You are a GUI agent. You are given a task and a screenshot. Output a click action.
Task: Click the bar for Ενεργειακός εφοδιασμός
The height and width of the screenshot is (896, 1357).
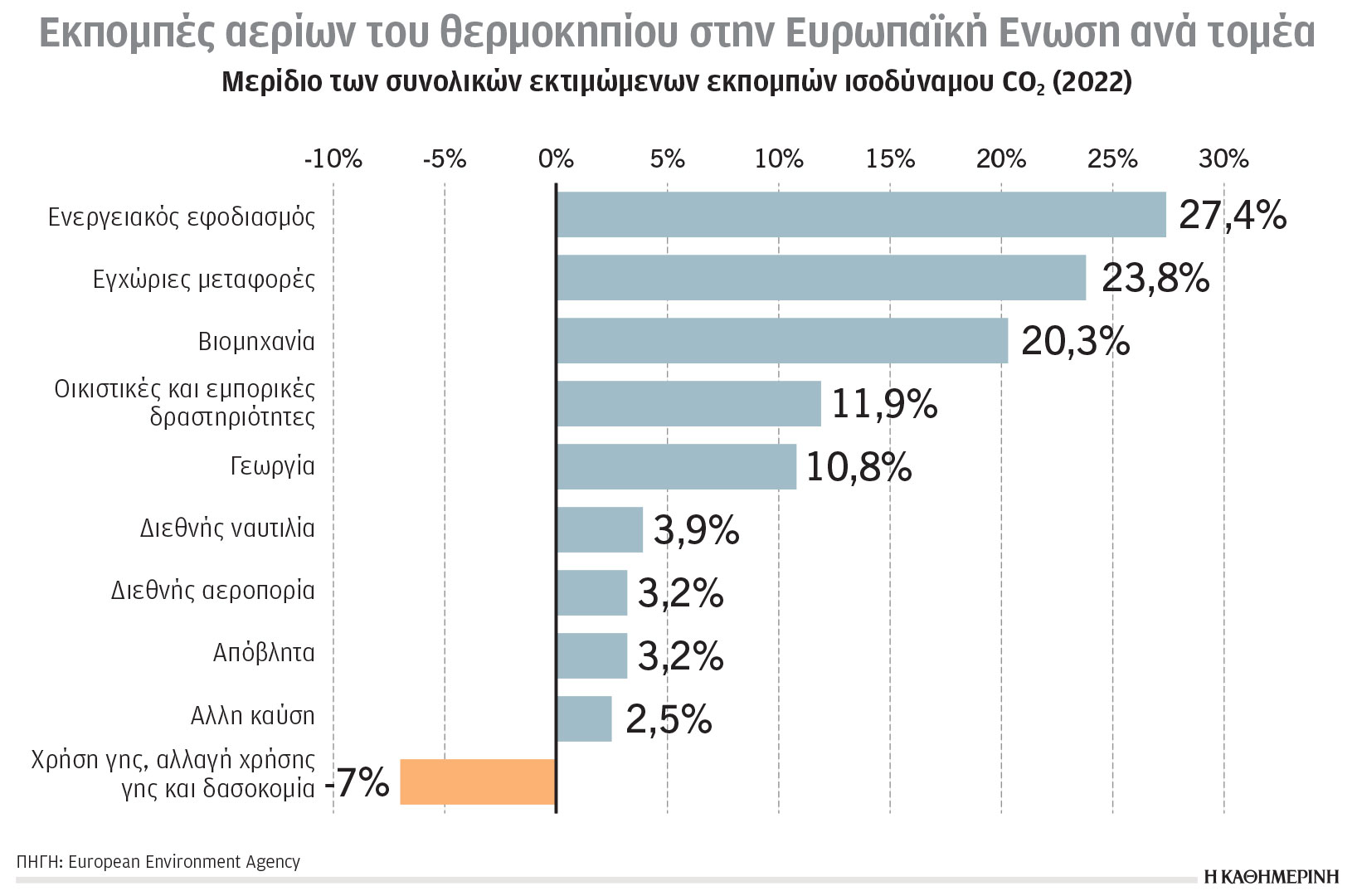861,215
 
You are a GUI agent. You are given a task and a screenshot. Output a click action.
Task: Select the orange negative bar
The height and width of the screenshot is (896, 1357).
478,782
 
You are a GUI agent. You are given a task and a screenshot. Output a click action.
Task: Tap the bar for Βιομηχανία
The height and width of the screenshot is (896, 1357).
782,341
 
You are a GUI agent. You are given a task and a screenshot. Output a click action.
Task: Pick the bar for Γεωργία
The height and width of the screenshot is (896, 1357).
676,466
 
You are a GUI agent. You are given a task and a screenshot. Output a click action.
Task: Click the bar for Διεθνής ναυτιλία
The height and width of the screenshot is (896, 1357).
600,529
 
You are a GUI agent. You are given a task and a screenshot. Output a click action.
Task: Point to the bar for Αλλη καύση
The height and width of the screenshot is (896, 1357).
584,718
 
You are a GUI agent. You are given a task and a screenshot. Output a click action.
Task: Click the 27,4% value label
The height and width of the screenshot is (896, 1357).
1233,216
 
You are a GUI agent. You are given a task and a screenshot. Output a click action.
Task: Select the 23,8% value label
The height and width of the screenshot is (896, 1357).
1155,279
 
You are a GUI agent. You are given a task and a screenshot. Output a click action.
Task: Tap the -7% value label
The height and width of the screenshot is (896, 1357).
357,782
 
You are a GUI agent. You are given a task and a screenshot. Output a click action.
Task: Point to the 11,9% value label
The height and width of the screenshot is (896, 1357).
884,405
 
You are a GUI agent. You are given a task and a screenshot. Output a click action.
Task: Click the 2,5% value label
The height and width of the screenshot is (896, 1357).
669,719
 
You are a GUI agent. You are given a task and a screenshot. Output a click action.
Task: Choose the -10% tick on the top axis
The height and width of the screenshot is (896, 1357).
333,158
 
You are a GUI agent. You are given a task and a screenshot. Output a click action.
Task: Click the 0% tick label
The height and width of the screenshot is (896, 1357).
556,158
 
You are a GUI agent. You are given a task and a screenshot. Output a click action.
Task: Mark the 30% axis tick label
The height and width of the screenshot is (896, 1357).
1223,158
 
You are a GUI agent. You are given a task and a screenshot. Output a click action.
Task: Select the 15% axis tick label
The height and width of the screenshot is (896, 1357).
890,158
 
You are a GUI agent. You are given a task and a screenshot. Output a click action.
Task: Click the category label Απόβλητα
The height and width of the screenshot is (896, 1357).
264,654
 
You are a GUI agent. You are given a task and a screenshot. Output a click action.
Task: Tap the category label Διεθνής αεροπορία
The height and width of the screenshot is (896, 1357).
213,591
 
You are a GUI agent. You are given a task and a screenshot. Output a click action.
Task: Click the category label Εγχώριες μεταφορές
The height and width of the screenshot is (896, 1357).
204,279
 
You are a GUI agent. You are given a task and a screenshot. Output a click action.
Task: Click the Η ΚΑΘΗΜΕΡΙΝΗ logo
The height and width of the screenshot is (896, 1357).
1271,877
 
